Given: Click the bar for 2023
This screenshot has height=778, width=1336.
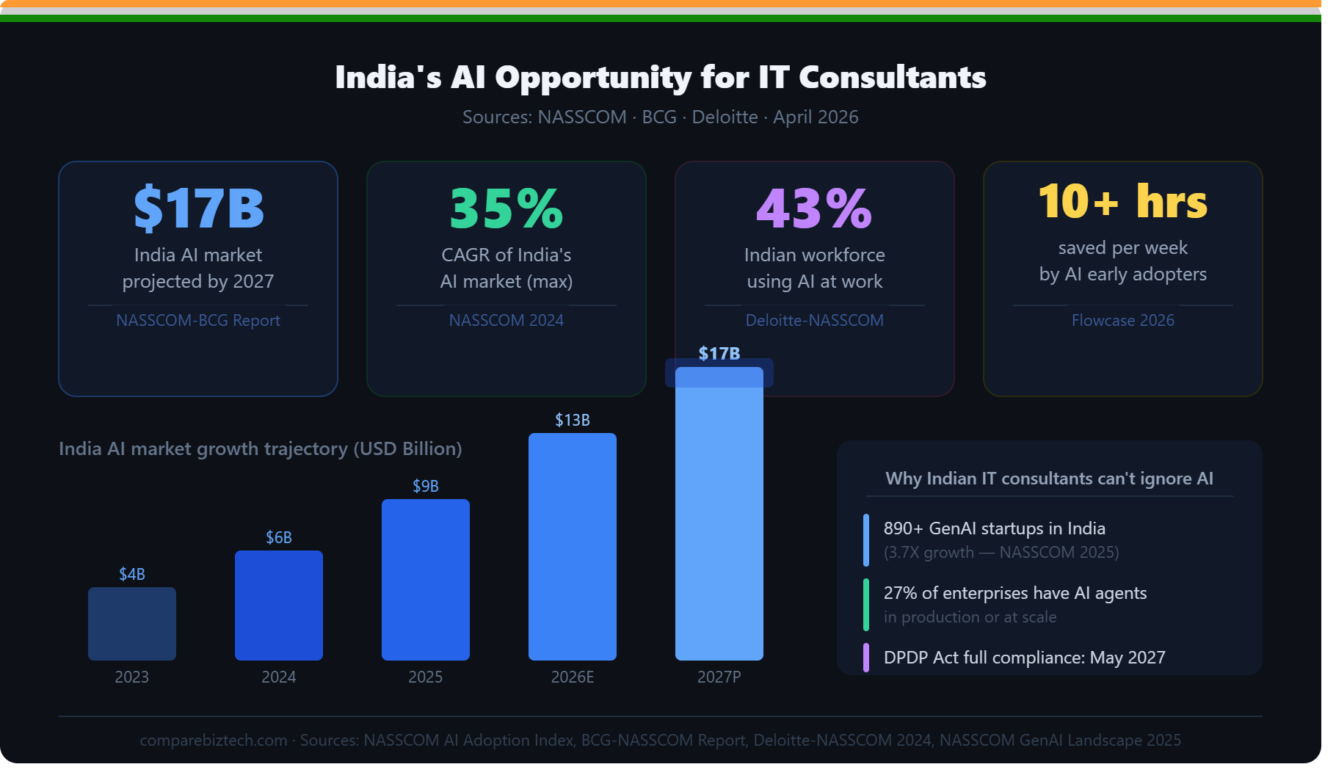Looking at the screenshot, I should [132, 624].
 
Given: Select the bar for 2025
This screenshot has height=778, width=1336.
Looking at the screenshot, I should [426, 580].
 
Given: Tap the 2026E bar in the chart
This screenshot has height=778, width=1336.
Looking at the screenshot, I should [573, 547].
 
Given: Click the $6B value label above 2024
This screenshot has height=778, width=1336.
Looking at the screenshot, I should [279, 538].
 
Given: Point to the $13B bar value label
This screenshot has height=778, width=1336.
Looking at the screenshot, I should [573, 421].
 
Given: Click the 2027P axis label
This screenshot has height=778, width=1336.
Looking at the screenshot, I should [719, 677].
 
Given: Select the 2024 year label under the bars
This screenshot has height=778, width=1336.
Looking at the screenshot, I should [279, 677].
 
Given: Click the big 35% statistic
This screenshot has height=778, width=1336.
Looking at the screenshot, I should [507, 208].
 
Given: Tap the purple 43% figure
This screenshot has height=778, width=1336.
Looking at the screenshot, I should [814, 208].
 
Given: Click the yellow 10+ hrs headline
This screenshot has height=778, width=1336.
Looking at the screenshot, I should [1122, 201].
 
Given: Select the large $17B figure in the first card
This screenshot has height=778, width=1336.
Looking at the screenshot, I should [198, 208].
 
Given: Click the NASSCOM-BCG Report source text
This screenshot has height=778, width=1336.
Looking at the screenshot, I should [198, 320].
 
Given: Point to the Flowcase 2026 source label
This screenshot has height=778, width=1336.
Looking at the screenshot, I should [1122, 320].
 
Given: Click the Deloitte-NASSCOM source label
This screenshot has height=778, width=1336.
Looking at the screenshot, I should [814, 320].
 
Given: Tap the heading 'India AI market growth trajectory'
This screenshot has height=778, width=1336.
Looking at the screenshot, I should [261, 448].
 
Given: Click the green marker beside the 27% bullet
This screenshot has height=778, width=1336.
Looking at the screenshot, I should [866, 605].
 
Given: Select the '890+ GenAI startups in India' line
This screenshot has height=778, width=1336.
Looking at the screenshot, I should [994, 528].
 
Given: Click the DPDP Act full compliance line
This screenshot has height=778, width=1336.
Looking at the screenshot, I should [1024, 658].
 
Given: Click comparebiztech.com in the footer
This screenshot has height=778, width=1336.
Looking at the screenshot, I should [214, 740].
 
